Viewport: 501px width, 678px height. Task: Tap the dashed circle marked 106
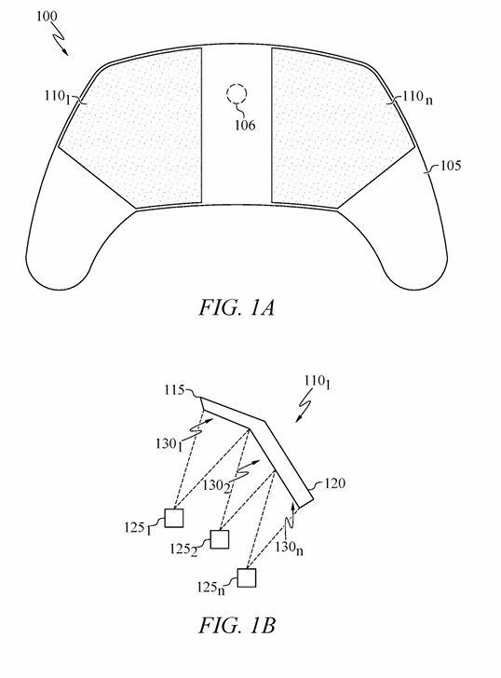click(x=237, y=93)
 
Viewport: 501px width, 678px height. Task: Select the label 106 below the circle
click(x=245, y=124)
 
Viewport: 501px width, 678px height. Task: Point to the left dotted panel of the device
click(x=140, y=126)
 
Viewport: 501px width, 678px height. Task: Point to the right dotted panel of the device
click(x=334, y=126)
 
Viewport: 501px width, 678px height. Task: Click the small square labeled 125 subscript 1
click(x=173, y=518)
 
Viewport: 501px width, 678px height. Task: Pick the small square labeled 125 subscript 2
click(x=220, y=539)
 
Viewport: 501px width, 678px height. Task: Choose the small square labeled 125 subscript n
click(x=246, y=578)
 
